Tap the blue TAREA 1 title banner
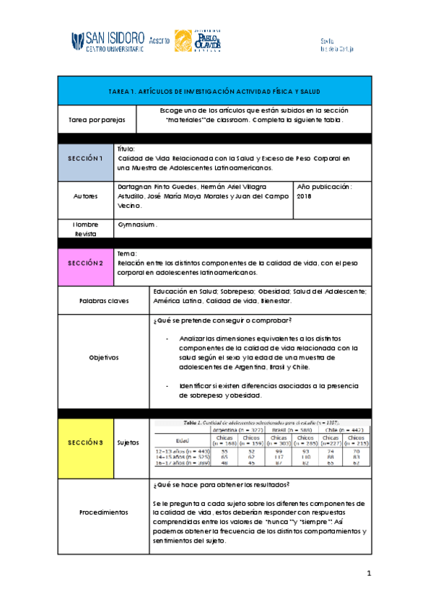coord(214,92)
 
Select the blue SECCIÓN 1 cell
coord(86,157)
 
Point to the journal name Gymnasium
coord(136,225)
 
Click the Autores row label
coord(86,196)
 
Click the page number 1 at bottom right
coord(368,574)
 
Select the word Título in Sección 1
coord(126,148)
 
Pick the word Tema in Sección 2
coord(126,254)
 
